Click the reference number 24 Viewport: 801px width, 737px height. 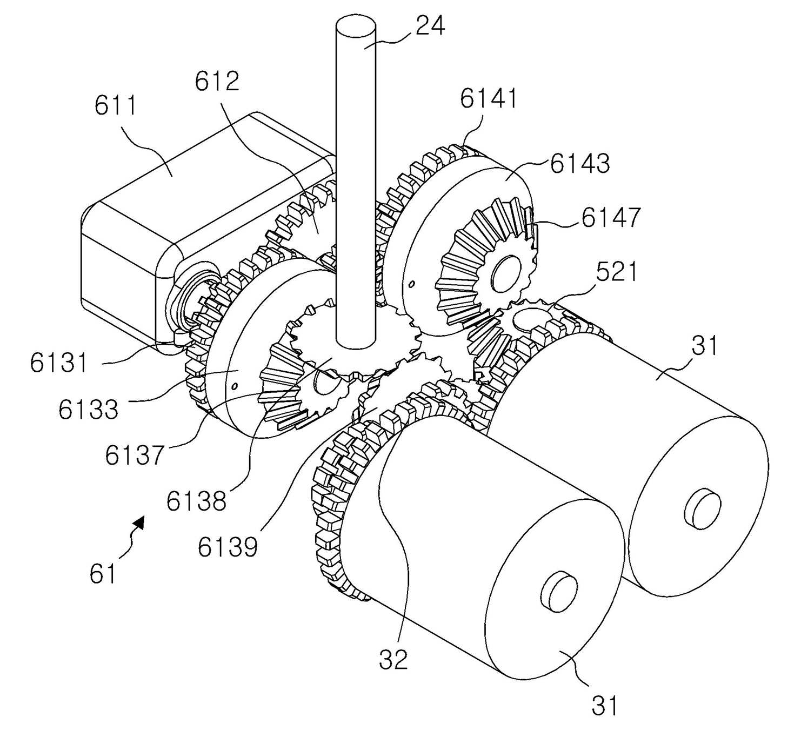tap(430, 26)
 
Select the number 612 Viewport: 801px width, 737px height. tap(217, 81)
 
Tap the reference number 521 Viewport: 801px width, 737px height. tap(616, 271)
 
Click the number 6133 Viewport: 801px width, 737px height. tap(88, 409)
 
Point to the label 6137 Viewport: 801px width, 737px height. tap(135, 454)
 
